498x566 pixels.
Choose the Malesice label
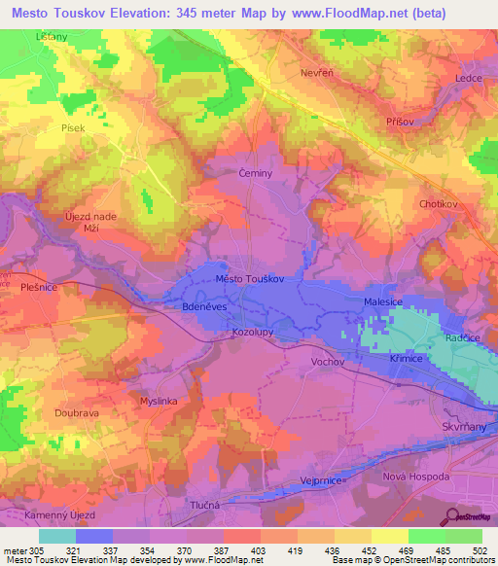click(x=383, y=302)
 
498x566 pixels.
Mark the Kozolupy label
click(x=252, y=333)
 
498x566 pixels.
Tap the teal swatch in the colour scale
click(x=57, y=536)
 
